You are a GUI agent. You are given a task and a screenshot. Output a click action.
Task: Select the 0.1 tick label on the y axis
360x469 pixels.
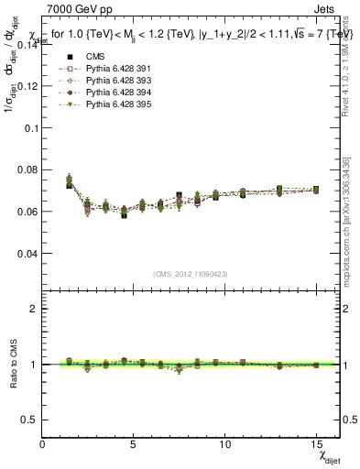31,127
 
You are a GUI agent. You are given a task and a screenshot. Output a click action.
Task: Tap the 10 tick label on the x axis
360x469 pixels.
225,444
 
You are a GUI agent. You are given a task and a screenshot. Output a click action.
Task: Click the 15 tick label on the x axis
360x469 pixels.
316,444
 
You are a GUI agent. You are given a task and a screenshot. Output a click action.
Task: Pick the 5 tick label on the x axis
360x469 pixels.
134,444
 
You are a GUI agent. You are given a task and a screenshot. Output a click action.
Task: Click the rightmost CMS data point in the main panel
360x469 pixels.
316,190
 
